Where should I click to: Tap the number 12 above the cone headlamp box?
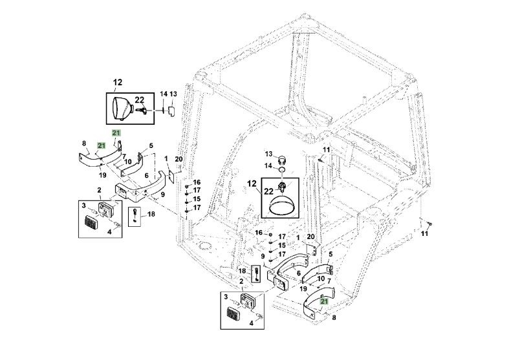[118, 82]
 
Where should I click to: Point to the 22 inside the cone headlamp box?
[139, 100]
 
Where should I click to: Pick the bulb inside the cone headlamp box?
[140, 111]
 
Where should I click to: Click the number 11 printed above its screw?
[327, 150]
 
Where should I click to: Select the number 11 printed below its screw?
[424, 234]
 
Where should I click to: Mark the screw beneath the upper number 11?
[321, 158]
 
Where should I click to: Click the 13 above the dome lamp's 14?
[268, 154]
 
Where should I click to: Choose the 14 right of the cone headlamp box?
[164, 94]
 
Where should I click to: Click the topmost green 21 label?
[116, 132]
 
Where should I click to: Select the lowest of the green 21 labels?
[324, 301]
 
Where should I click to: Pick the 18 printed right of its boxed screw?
[151, 214]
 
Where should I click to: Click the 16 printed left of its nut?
[258, 233]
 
